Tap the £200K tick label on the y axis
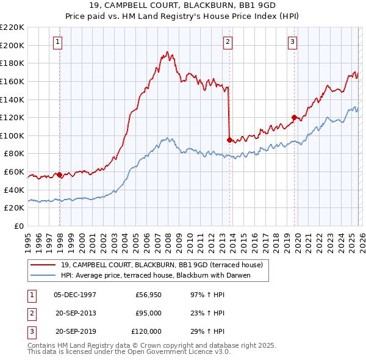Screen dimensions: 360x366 pos(12,45)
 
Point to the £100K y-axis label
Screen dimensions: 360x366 pos(12,135)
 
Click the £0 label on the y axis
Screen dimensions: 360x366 pos(18,226)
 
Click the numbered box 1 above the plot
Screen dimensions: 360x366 pos(57,42)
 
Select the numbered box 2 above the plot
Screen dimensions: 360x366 pos(227,42)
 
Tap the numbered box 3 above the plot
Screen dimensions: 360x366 pos(292,42)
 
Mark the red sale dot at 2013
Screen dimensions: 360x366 pos(229,140)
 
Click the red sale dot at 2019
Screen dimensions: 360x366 pos(294,117)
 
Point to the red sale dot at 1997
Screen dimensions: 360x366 pos(59,175)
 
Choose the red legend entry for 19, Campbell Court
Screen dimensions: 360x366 pos(162,265)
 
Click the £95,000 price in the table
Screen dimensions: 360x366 pos(148,313)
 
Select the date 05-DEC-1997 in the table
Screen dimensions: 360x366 pos(75,295)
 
